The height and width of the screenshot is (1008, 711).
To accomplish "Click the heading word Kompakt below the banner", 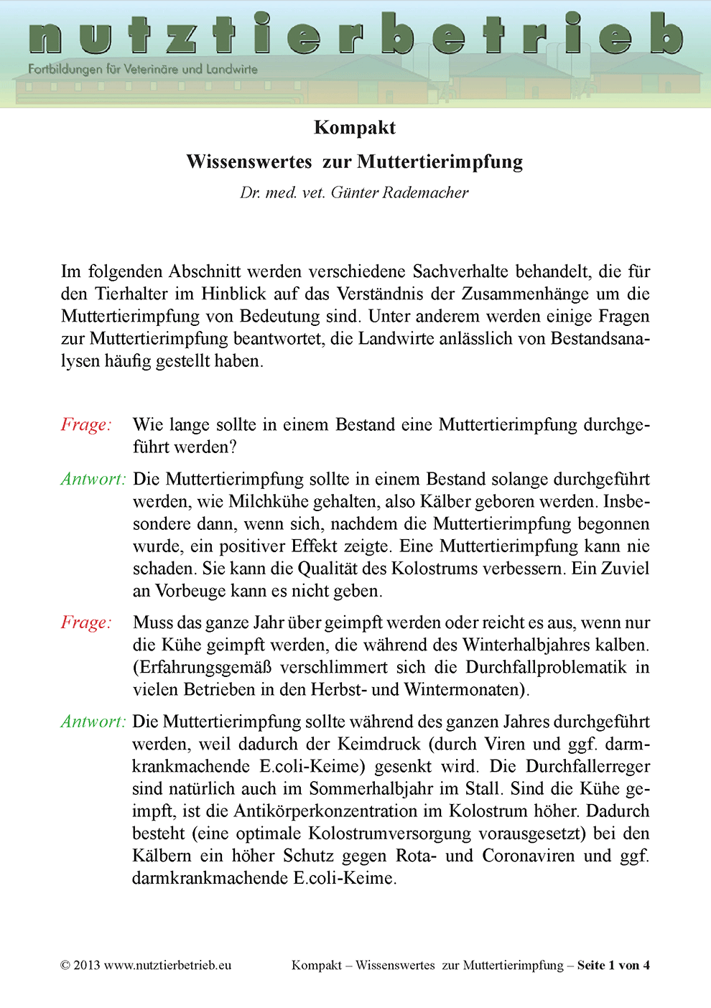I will click(x=355, y=128).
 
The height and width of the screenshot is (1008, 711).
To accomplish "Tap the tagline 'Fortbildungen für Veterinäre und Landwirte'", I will click(x=142, y=70).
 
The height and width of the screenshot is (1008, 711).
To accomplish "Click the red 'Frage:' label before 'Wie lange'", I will click(x=86, y=424).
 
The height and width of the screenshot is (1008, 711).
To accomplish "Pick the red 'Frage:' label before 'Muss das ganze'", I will click(x=86, y=622).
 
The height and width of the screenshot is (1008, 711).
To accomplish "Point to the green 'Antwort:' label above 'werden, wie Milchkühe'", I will click(x=93, y=479).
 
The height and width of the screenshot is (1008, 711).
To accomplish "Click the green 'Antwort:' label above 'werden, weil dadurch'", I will click(x=93, y=722).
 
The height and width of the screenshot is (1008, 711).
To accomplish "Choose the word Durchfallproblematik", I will click(x=546, y=667).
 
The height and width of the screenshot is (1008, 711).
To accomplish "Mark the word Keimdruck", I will click(x=378, y=744).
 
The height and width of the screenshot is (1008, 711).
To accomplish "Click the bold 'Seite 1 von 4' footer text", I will click(x=613, y=965).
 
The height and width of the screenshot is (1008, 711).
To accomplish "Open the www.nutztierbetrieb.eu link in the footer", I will click(x=167, y=965).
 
